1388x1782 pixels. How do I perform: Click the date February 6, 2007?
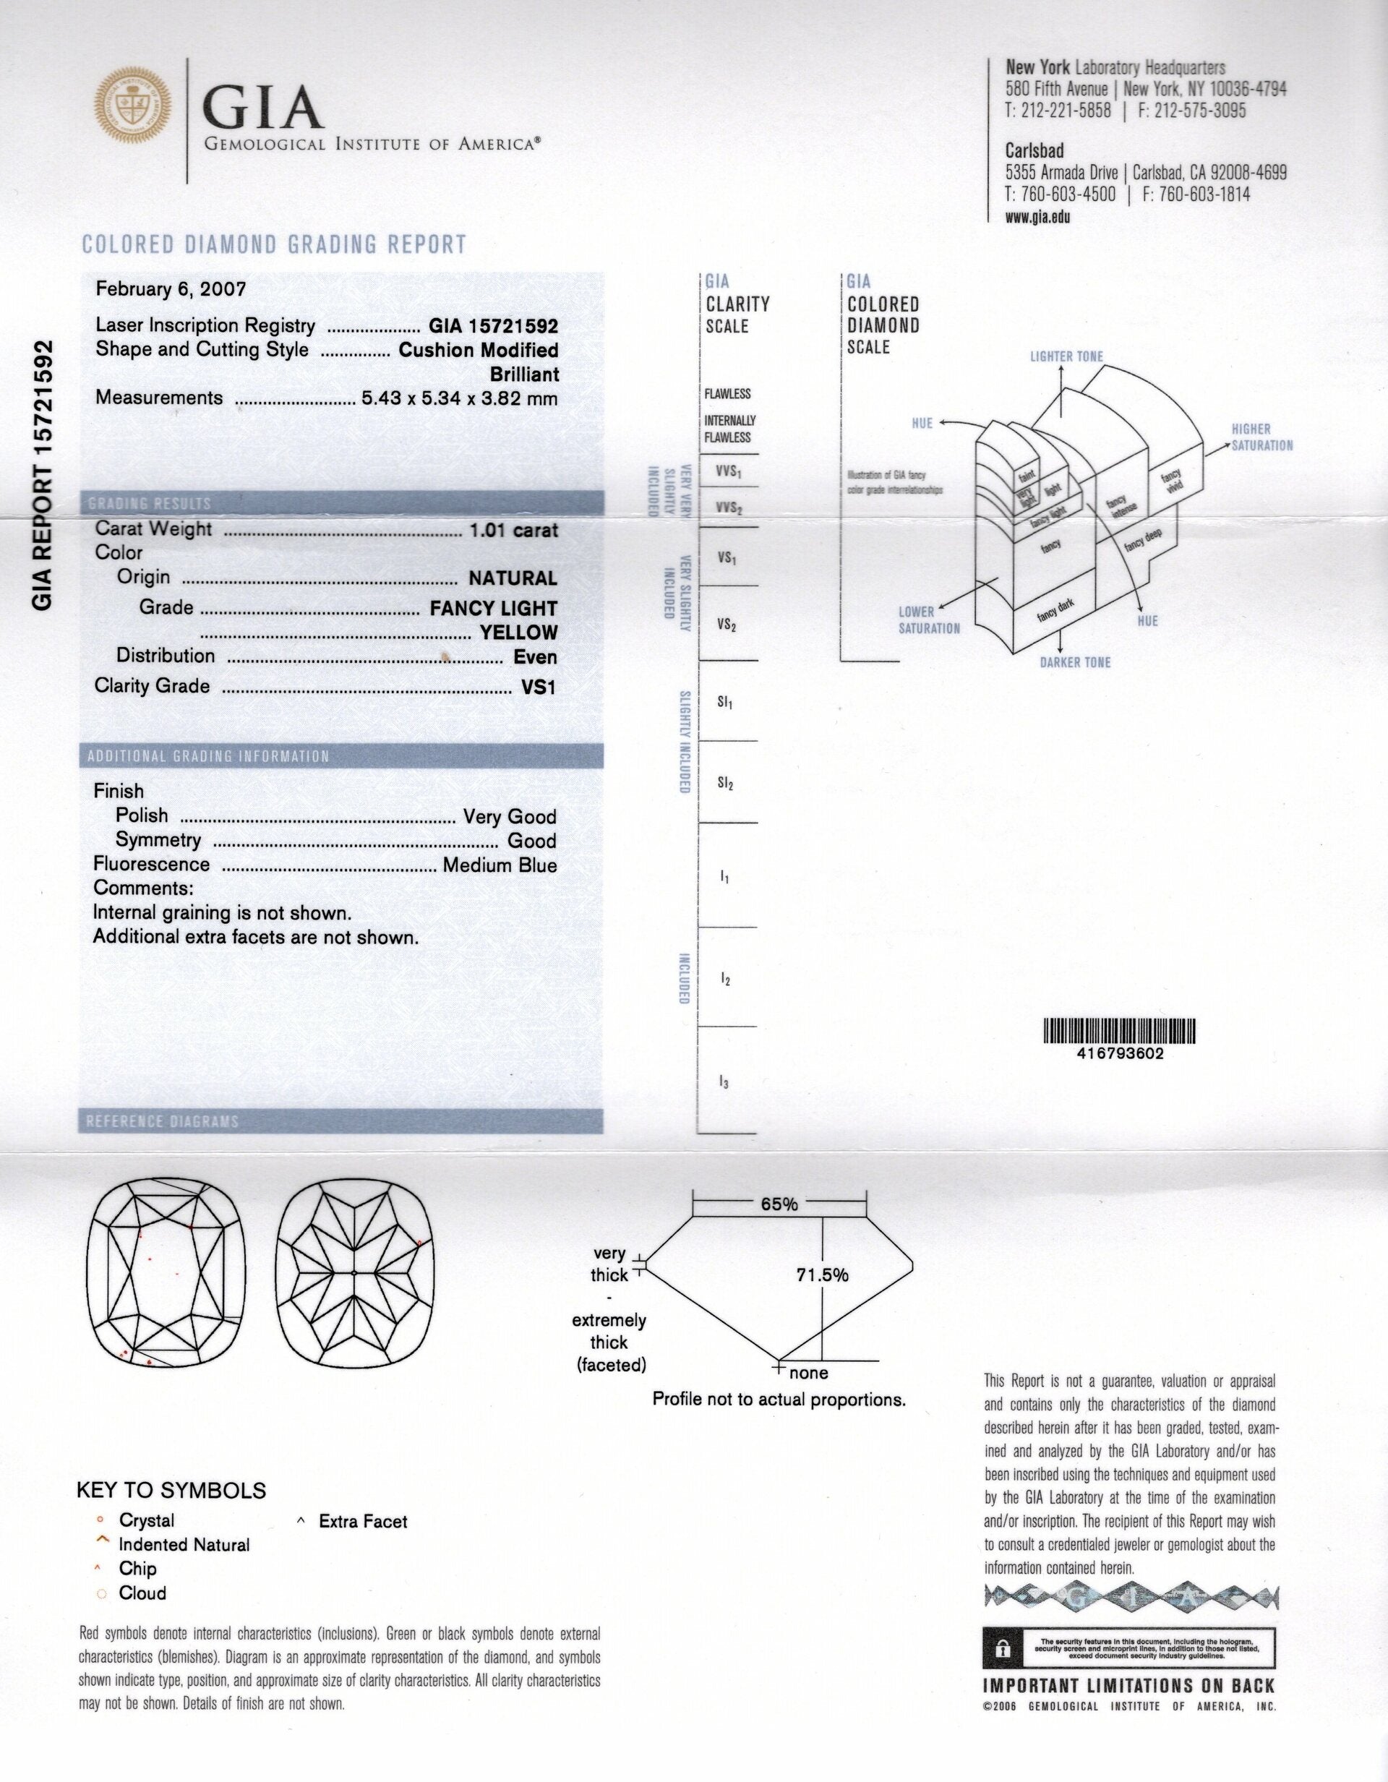pos(171,289)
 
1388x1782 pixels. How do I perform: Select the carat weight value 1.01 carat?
pos(513,531)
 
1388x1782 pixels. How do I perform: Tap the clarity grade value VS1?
pos(539,687)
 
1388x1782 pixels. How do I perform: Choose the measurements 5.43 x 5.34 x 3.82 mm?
pos(459,399)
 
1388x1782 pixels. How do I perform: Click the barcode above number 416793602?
pos(1119,1032)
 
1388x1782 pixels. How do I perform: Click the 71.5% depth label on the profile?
pos(823,1274)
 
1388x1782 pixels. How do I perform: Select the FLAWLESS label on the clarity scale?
pos(728,394)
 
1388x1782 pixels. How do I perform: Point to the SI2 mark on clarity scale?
pos(725,784)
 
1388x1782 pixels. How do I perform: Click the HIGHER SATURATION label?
pos(1261,437)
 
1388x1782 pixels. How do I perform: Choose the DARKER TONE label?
pos(1075,662)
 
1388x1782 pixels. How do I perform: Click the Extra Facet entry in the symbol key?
pos(362,1522)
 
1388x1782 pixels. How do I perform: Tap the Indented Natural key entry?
pos(184,1546)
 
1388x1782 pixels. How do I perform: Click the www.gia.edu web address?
pos(1038,217)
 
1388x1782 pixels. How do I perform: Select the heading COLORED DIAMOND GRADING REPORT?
pos(274,245)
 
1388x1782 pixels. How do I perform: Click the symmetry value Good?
pos(532,841)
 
